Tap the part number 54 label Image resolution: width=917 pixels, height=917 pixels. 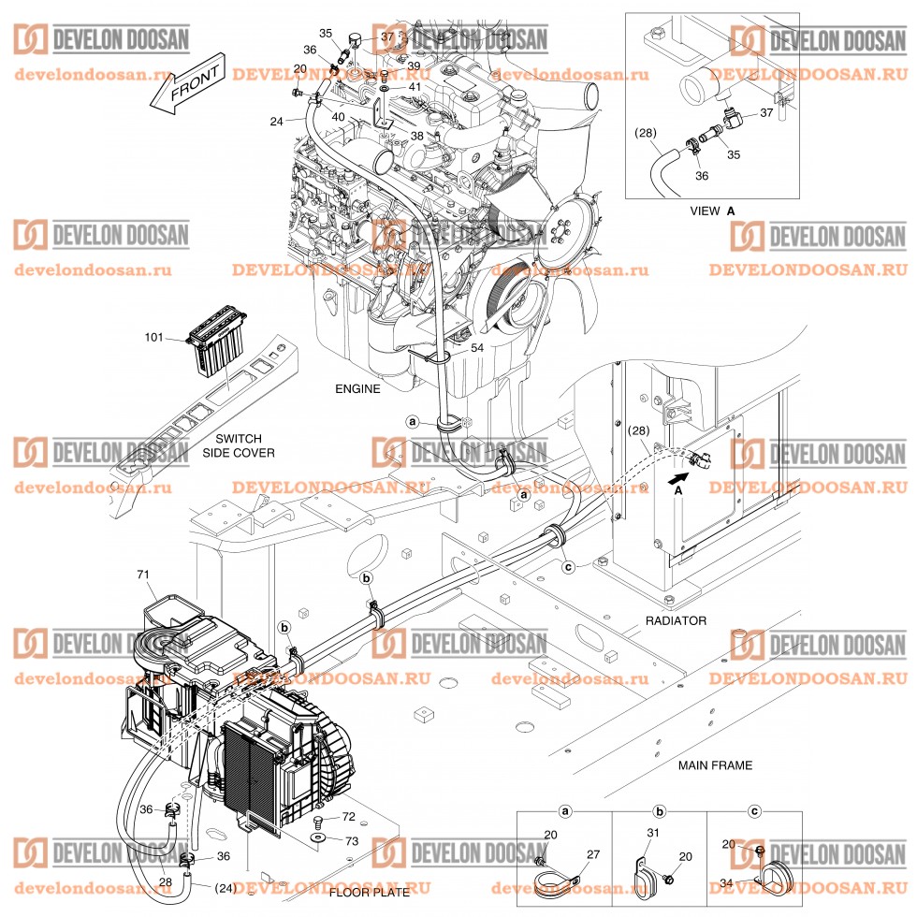coord(477,347)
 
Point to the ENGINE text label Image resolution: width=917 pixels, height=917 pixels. coord(357,388)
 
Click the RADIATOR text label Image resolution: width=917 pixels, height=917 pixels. coord(676,620)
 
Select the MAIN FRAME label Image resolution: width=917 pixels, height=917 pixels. coord(715,765)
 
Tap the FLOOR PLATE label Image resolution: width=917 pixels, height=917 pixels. coord(369,893)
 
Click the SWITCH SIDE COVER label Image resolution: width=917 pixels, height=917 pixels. coord(239,445)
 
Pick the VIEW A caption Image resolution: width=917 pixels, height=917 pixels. coord(712,211)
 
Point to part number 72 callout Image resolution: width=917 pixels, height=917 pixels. coord(347,817)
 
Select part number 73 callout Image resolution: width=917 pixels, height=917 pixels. coord(351,841)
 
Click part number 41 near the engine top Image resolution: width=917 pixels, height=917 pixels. coord(414,87)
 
